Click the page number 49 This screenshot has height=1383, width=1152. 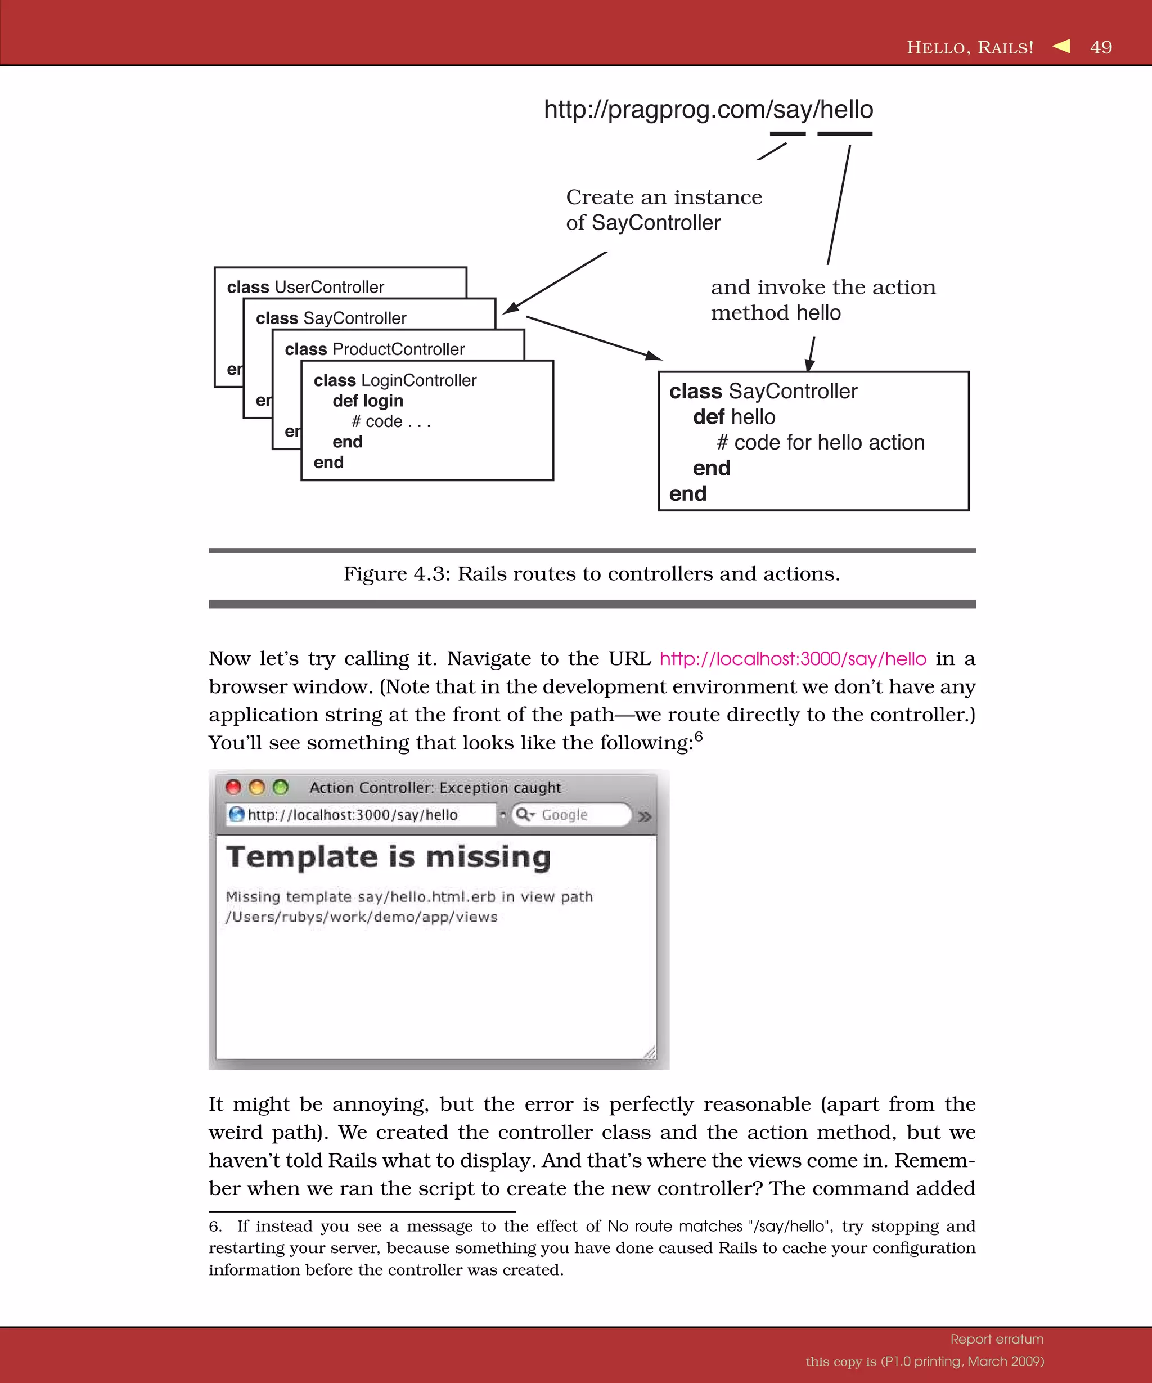pos(1101,47)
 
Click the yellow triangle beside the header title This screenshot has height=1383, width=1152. pos(1061,46)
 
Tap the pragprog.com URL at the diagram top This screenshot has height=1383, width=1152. pos(708,109)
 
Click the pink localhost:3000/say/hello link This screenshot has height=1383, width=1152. pos(793,658)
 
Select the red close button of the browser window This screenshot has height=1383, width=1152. pos(233,787)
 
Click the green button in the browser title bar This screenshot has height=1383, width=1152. pos(281,787)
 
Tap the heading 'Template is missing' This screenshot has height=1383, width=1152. pos(388,857)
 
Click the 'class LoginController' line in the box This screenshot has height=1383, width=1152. pos(395,380)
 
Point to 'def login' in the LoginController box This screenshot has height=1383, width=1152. pos(367,401)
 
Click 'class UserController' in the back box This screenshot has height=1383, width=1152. pos(305,287)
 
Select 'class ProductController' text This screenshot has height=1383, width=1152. pos(375,349)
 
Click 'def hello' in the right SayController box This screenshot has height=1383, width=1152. pos(734,417)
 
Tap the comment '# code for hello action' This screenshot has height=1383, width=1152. pos(820,443)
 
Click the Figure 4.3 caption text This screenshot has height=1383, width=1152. pos(591,573)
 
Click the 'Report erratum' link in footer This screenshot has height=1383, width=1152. pos(997,1339)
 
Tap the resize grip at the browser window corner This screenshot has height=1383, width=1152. pos(650,1052)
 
